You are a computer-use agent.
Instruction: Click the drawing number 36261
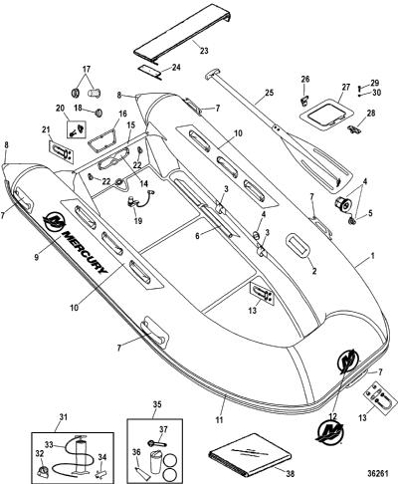point(378,474)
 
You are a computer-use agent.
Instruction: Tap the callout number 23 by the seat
point(204,51)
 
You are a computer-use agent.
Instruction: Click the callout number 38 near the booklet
point(290,473)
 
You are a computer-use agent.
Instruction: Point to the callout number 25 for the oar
point(270,93)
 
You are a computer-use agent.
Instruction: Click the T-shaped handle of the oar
point(211,75)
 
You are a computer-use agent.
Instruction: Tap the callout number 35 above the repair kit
point(157,404)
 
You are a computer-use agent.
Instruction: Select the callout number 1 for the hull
point(373,256)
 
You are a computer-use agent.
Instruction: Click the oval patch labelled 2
point(298,245)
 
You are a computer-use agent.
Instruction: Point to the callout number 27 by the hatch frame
point(346,88)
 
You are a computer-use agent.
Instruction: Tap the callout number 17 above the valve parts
point(87,70)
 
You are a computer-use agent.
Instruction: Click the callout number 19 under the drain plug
point(138,221)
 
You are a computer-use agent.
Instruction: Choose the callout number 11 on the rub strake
point(219,420)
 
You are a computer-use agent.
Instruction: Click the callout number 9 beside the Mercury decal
point(37,257)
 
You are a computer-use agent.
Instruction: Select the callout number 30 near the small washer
point(376,94)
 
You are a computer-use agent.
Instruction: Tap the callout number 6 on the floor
point(198,236)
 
